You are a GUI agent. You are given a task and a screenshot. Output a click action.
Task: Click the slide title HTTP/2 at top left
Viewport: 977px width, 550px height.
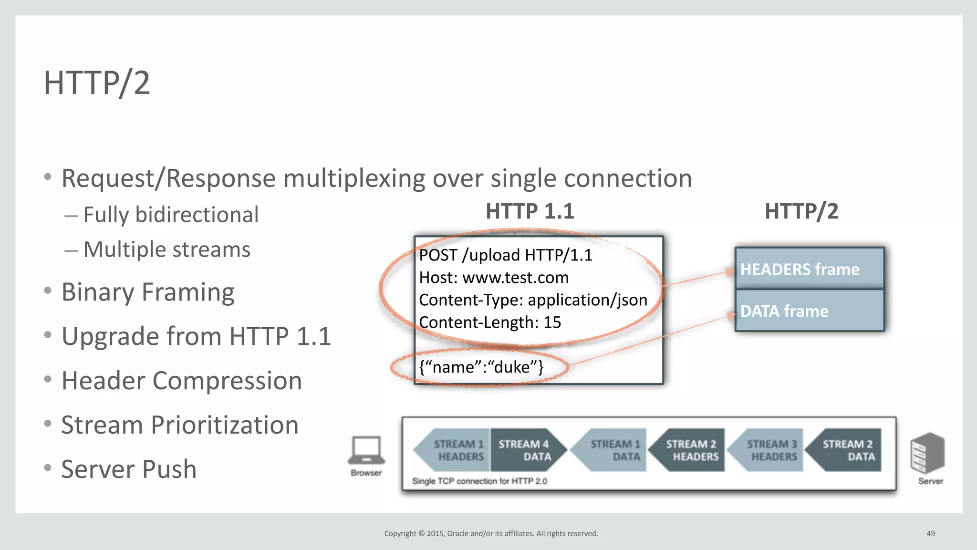[x=97, y=83]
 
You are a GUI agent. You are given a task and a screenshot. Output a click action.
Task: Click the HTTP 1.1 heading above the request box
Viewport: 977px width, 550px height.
[x=530, y=211]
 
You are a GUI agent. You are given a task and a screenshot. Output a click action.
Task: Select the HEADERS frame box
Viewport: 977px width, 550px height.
[x=809, y=269]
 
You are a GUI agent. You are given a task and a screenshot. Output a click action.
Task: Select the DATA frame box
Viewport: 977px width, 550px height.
[x=809, y=311]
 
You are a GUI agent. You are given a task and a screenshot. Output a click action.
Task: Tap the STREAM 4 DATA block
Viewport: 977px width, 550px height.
[x=525, y=450]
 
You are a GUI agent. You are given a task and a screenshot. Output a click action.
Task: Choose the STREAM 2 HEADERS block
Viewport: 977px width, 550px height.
[x=690, y=450]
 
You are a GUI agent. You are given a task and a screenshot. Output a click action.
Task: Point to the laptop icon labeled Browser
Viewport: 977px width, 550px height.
[x=366, y=450]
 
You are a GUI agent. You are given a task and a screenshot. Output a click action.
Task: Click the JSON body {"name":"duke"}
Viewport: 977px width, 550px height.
[x=481, y=367]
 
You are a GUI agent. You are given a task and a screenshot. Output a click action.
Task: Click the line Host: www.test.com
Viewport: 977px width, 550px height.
[x=494, y=278]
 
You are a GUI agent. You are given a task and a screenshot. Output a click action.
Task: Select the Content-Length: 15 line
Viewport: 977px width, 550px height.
[x=490, y=322]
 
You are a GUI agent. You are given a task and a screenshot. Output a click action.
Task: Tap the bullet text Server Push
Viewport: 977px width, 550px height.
[x=129, y=469]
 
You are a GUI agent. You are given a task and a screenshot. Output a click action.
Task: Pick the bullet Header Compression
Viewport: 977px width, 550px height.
[x=181, y=381]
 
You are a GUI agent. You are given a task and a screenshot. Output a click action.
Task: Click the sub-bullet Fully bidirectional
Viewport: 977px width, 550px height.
[x=171, y=215]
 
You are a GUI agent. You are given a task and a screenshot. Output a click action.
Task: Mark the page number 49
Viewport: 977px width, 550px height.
[x=930, y=533]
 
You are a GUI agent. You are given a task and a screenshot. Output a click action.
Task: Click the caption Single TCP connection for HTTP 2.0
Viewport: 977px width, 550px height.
[x=479, y=481]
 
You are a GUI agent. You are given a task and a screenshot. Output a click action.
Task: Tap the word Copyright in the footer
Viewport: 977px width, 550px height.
[x=400, y=533]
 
